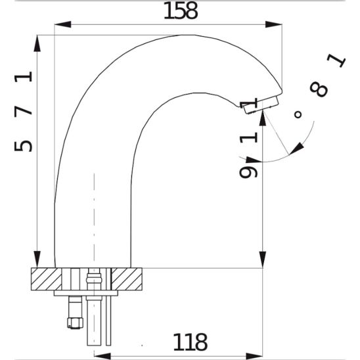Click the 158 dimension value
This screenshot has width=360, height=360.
pyautogui.click(x=181, y=11)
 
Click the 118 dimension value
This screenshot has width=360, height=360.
pyautogui.click(x=191, y=342)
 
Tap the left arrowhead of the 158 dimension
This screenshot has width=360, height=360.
pyautogui.click(x=62, y=24)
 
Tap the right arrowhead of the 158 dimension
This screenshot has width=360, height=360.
pyautogui.click(x=274, y=24)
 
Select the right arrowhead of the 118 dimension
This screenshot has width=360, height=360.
pyautogui.click(x=254, y=356)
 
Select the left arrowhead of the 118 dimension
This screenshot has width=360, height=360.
pyautogui.click(x=102, y=356)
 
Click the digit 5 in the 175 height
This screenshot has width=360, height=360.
pyautogui.click(x=23, y=146)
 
